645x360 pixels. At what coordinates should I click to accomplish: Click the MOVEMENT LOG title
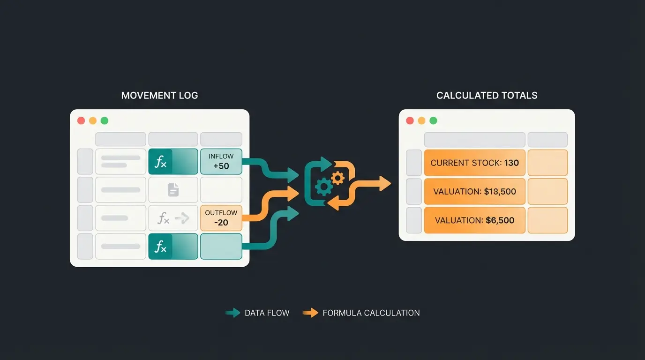tap(159, 96)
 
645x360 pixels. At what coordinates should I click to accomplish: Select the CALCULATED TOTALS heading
tap(487, 96)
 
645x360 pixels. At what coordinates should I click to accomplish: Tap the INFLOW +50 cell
tap(221, 162)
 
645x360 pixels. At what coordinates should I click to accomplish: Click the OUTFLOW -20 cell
tap(221, 217)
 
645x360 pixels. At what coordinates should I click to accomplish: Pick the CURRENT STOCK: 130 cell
tap(474, 163)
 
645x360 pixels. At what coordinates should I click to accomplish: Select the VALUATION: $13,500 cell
tap(474, 191)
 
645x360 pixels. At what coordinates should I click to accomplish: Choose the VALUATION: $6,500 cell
tap(474, 220)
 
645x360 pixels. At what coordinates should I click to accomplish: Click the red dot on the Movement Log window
tap(81, 120)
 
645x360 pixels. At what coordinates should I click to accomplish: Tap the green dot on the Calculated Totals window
tap(433, 120)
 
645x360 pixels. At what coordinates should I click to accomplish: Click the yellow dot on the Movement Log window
tap(93, 120)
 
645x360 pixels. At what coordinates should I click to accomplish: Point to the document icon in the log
tap(173, 189)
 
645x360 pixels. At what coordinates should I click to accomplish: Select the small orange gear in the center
tap(337, 177)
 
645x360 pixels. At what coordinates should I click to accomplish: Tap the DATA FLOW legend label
tap(267, 313)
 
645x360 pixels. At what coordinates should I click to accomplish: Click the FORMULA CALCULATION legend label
tap(371, 313)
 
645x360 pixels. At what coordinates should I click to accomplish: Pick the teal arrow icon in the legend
tap(232, 313)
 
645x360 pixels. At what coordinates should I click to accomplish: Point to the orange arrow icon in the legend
tap(310, 313)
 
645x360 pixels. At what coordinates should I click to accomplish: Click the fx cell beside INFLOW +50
tap(173, 162)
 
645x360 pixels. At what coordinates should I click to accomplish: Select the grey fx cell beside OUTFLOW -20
tap(173, 218)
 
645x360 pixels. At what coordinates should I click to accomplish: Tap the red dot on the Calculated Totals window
tap(410, 120)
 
